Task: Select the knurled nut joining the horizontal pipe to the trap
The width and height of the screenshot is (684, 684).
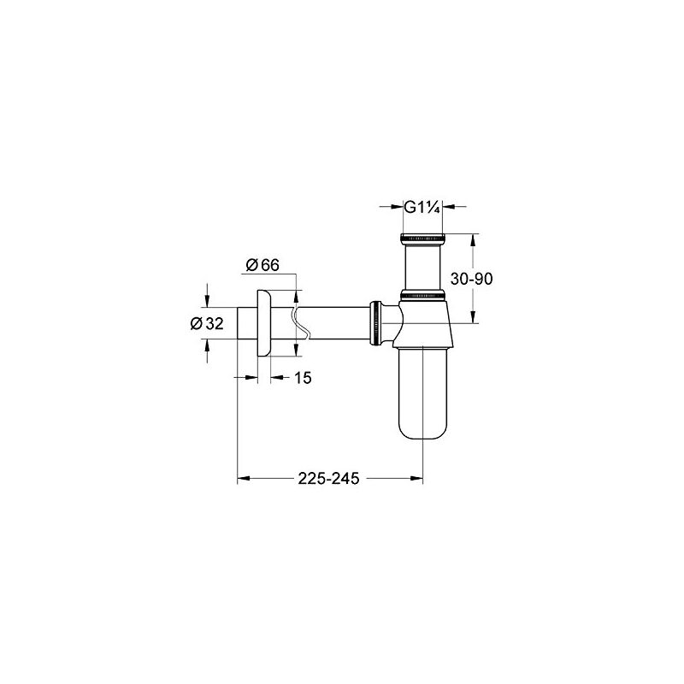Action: [375, 323]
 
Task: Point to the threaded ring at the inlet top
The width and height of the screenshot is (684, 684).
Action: [424, 237]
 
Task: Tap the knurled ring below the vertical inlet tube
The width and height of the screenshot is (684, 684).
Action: [424, 296]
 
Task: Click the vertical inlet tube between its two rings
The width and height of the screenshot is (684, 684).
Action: [424, 266]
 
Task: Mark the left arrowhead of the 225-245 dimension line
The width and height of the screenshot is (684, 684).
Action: [242, 479]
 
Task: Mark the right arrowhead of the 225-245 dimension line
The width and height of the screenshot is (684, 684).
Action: [419, 479]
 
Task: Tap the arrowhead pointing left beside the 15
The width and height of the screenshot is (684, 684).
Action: [275, 377]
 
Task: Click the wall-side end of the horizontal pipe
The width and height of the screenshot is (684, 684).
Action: [239, 323]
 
